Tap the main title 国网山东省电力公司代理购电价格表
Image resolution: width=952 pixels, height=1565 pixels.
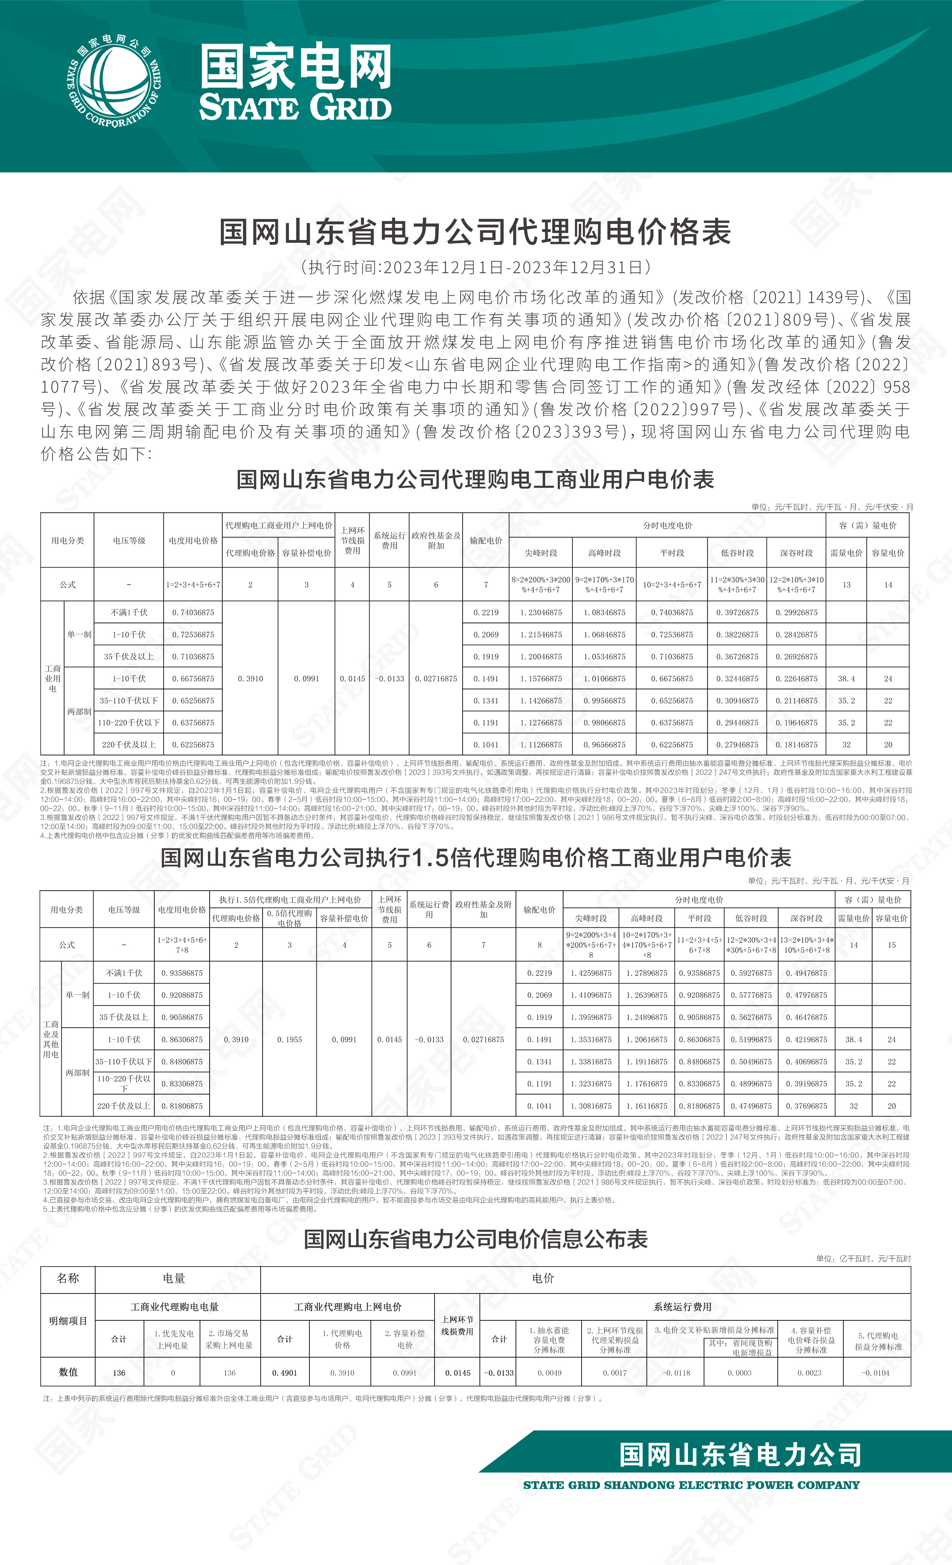(x=475, y=232)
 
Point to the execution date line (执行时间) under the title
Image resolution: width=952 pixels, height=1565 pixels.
(x=475, y=267)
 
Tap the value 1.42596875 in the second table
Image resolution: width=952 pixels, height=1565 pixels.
(x=591, y=973)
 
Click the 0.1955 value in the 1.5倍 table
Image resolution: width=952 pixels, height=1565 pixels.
(x=289, y=1040)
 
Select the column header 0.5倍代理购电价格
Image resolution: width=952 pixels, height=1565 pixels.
(x=289, y=918)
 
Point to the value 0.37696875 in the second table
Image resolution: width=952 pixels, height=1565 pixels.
(x=806, y=1106)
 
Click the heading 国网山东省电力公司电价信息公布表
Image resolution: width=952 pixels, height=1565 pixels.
(x=475, y=1239)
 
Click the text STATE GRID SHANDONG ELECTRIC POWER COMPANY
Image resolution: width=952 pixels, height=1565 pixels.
(x=691, y=1486)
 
